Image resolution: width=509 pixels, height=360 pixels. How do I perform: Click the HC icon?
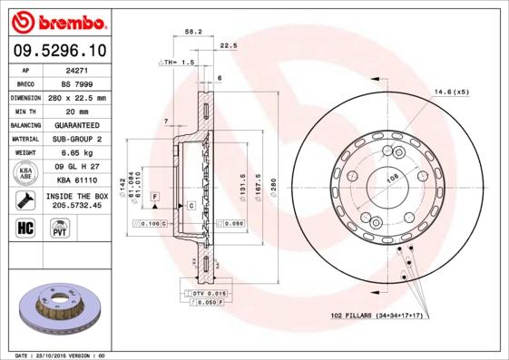[26, 227]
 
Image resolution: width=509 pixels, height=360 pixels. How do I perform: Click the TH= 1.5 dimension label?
[178, 63]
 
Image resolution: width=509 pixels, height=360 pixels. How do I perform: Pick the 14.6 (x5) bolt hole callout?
[451, 92]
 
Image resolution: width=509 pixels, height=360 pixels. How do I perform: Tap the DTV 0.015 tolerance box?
[210, 294]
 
